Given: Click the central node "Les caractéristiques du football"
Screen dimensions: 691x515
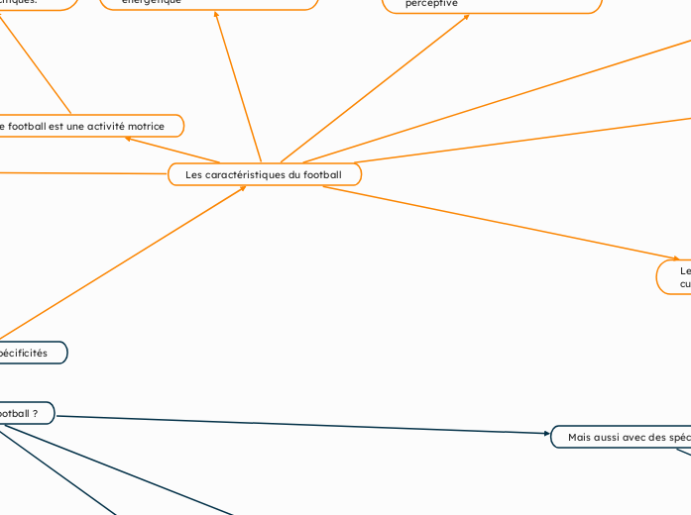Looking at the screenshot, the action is [x=265, y=175].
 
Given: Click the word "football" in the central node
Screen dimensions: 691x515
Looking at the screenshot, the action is [x=322, y=175].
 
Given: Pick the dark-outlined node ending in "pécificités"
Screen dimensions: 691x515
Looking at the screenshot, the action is [x=30, y=353].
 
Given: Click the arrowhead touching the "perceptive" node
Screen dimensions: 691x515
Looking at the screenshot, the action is [x=467, y=16].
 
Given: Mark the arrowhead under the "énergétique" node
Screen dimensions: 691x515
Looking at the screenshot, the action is [x=216, y=13].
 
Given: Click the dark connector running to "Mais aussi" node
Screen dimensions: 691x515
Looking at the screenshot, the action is [x=297, y=424].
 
